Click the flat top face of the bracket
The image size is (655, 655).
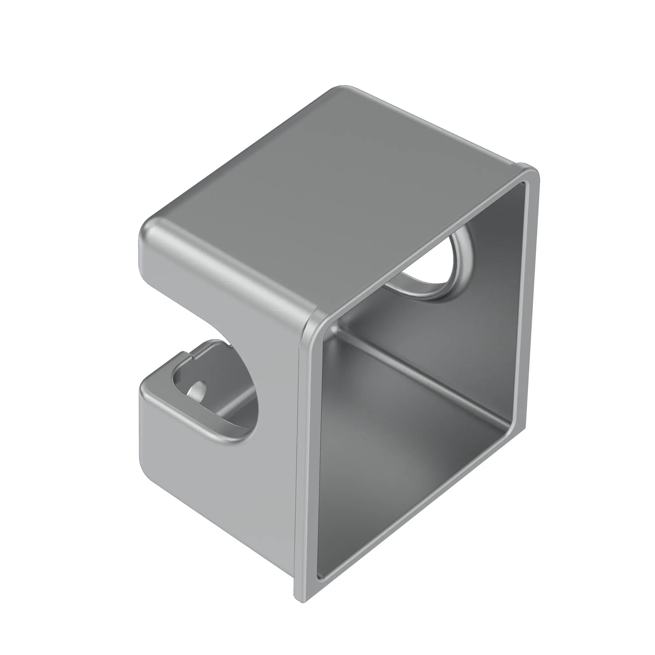pos(332,190)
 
